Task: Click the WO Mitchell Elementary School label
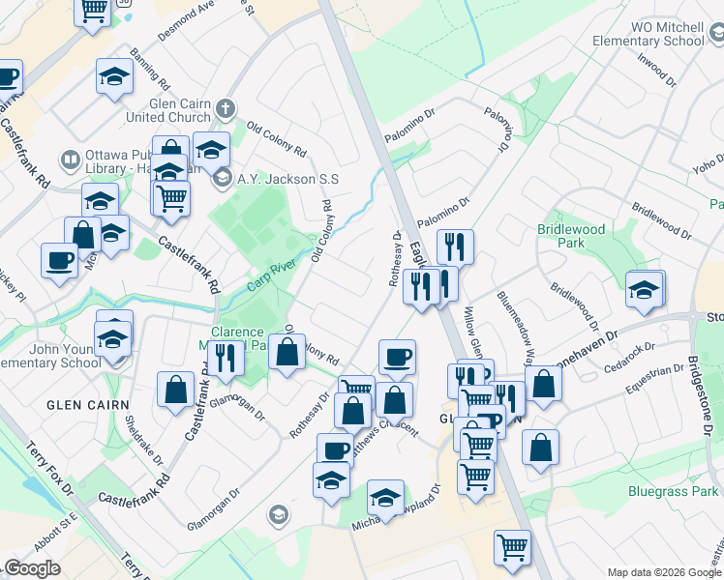coord(653,34)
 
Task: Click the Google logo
coord(32,568)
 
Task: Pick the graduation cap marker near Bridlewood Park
coord(644,290)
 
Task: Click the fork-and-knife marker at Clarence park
coord(226,359)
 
